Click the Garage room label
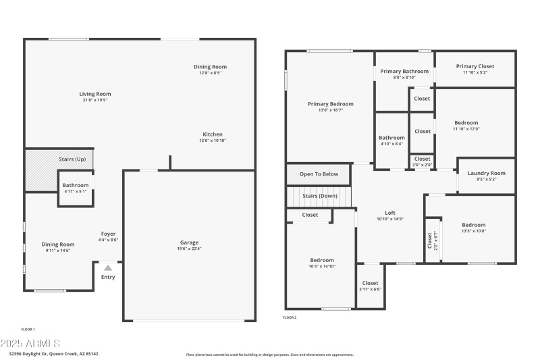point(189,242)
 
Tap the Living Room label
point(95,94)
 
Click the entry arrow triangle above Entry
point(108,268)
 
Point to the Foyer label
point(108,234)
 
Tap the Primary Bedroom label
point(331,104)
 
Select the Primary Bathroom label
point(404,71)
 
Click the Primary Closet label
point(475,66)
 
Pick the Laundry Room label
point(486,174)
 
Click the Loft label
point(390,213)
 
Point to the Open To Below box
point(319,174)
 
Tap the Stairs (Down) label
point(319,196)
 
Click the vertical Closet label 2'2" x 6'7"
point(431,240)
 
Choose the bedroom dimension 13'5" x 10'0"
point(473,231)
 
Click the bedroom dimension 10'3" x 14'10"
point(322,266)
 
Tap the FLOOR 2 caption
point(290,317)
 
